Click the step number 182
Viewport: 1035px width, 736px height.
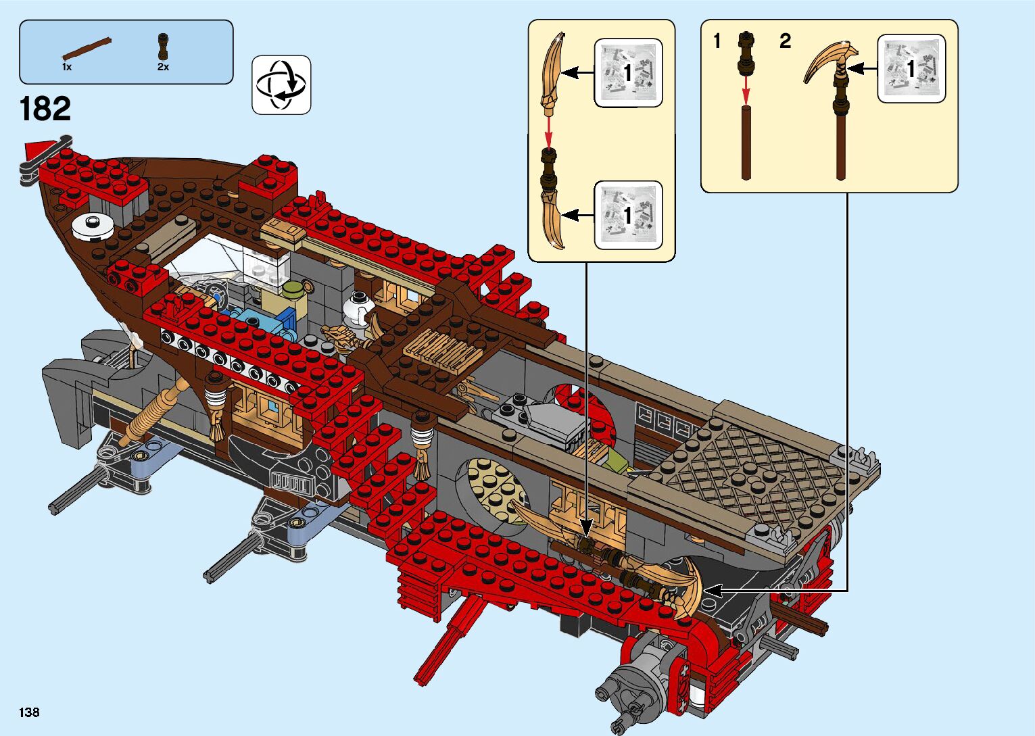click(45, 109)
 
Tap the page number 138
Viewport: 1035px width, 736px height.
click(29, 712)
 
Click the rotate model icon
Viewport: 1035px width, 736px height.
click(281, 85)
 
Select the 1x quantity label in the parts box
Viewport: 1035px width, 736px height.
click(67, 67)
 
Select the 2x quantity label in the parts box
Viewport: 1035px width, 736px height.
click(163, 67)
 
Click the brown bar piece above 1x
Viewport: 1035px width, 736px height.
click(87, 49)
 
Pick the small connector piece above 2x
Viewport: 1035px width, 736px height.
click(163, 46)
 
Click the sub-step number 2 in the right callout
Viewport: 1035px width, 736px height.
click(785, 41)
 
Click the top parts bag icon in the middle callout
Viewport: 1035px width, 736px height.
click(628, 72)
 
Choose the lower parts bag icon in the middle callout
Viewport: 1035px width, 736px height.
click(628, 215)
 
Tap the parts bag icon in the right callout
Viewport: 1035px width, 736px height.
click(911, 68)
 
